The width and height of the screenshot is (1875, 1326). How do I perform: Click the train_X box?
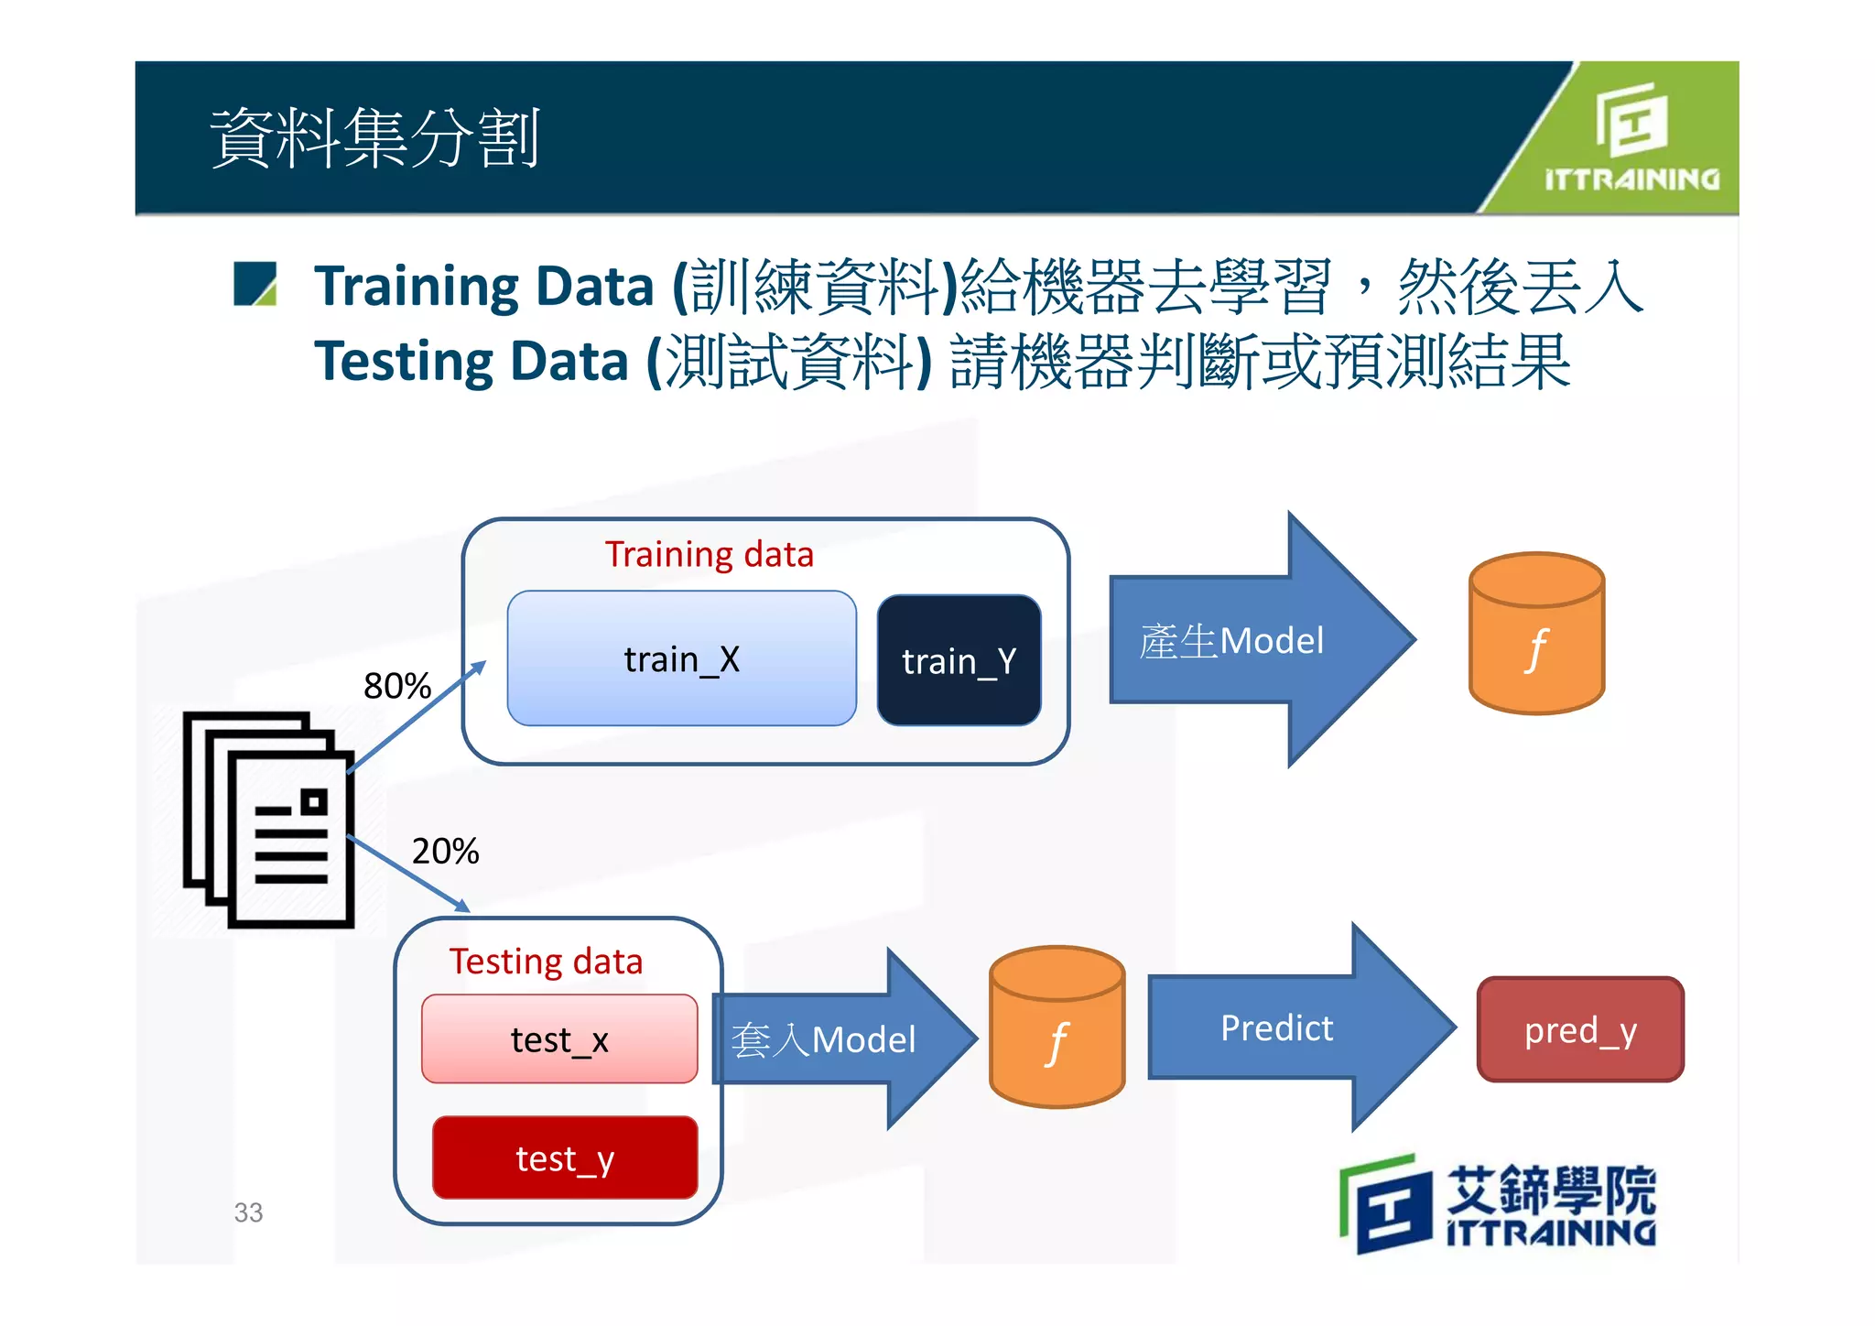point(681,658)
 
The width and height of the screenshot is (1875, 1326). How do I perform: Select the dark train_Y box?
point(959,660)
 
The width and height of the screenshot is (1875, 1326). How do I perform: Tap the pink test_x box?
point(559,1039)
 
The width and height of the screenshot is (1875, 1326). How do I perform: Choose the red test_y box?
point(565,1158)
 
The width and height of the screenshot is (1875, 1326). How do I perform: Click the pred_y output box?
point(1580,1029)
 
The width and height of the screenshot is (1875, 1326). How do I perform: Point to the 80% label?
point(396,685)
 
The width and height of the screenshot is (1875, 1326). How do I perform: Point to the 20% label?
point(445,851)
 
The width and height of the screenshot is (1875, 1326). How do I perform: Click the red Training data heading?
point(709,554)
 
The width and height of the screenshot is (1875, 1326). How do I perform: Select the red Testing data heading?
point(546,961)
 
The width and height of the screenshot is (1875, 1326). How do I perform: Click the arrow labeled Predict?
point(1291,1027)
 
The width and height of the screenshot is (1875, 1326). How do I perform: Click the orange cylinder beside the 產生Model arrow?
point(1536,634)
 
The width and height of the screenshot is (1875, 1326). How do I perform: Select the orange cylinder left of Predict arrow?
point(1057,1027)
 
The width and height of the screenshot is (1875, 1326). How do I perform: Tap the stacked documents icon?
point(269,820)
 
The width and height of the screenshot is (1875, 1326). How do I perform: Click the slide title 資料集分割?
point(374,137)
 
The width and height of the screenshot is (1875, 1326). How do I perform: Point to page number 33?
point(248,1212)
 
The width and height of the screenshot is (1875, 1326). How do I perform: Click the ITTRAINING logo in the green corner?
point(1631,137)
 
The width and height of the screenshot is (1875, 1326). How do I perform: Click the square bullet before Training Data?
point(255,283)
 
